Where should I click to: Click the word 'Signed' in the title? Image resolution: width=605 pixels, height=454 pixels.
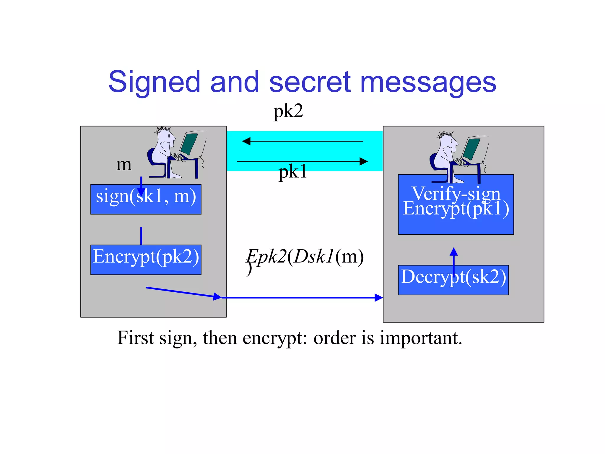154,82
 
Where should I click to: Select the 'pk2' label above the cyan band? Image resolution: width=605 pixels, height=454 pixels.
288,111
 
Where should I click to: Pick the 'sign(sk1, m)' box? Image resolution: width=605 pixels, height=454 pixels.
146,199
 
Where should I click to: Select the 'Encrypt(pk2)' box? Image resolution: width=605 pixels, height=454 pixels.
146,260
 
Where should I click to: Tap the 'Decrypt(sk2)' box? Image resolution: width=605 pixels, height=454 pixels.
453,280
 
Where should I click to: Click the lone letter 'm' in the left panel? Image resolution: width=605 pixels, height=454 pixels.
124,164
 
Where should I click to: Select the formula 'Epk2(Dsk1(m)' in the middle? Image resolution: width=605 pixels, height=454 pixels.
305,257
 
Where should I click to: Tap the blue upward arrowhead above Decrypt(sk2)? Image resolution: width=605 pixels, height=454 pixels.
454,252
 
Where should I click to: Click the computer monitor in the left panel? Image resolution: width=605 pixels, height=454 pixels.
189,143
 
